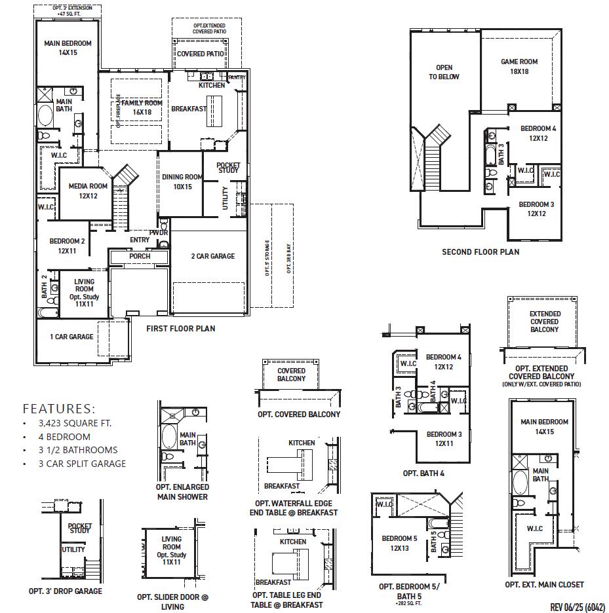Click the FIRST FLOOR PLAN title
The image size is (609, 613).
coord(180,329)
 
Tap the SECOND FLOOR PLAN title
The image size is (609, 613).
coord(480,252)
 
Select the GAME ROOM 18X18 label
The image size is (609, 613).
coord(519,66)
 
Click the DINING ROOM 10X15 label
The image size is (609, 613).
coord(182,181)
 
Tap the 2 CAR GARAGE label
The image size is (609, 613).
coord(212,256)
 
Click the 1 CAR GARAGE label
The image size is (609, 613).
coord(71,337)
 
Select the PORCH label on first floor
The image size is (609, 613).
coord(140,256)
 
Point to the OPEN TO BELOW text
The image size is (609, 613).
coord(444,72)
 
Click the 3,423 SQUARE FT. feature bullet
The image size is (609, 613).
coord(75,423)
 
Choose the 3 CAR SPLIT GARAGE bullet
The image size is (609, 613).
coord(82,464)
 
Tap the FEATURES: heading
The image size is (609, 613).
coord(58,408)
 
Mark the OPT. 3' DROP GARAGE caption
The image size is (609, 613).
coord(65,591)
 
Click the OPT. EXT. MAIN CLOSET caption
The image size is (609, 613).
coord(544,584)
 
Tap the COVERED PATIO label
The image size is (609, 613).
coord(201,54)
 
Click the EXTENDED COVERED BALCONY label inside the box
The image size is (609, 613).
coord(545,322)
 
